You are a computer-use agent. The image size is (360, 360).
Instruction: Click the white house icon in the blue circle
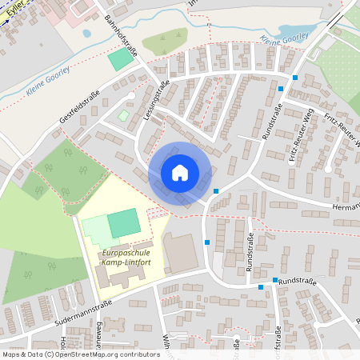[x=180, y=173]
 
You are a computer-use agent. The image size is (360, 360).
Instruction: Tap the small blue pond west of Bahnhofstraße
[x=86, y=34]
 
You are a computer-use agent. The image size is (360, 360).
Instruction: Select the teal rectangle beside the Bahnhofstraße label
[x=122, y=58]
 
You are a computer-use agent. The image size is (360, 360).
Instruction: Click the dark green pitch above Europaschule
[x=124, y=222]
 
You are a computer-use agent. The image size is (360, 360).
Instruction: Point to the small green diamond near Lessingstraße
[x=123, y=116]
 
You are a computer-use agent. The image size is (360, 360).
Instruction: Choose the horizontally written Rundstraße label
[x=298, y=282]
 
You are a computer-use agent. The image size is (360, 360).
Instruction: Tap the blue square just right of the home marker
[x=217, y=190]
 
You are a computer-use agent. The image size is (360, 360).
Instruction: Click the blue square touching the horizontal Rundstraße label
[x=275, y=281]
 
